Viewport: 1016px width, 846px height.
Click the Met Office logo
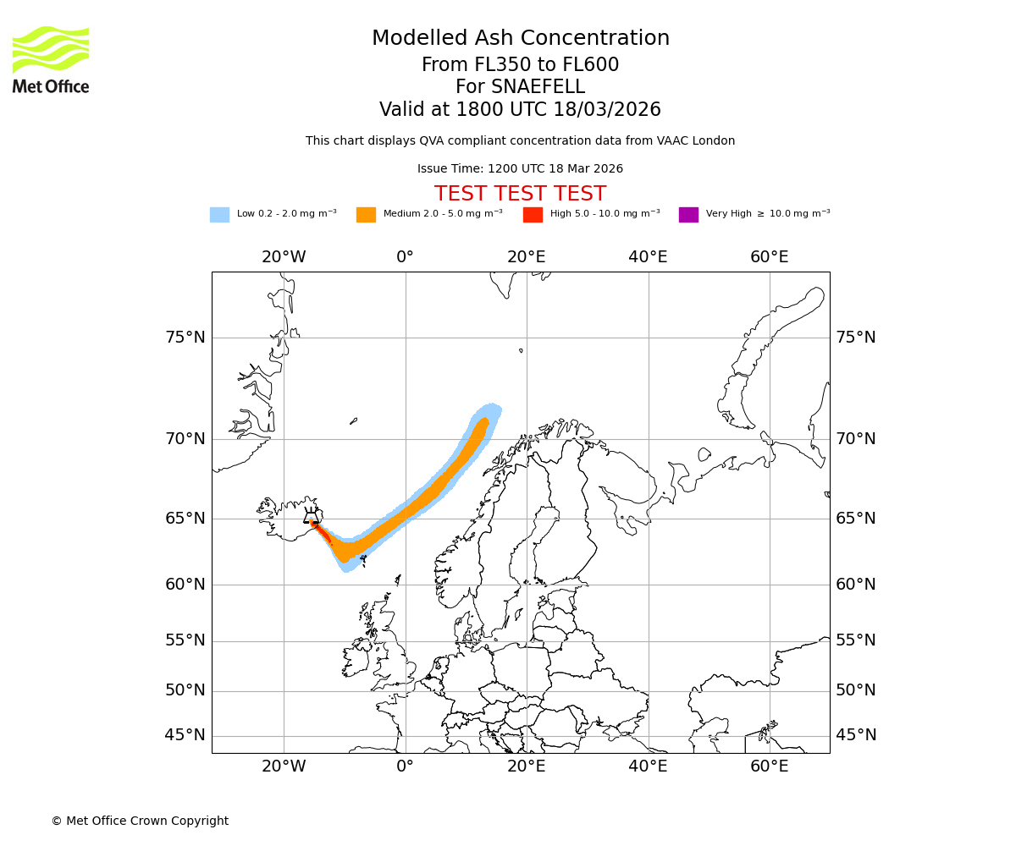click(51, 59)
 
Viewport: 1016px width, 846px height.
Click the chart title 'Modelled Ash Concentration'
click(520, 39)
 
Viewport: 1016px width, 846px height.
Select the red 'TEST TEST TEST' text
click(520, 194)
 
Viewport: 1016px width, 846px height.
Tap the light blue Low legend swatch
click(219, 214)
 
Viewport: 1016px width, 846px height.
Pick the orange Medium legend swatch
click(366, 214)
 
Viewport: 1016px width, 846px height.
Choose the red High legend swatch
click(533, 214)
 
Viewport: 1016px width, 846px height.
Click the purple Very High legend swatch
click(688, 214)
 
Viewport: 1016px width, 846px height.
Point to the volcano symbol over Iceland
click(312, 515)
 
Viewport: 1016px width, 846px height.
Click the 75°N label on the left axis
click(185, 338)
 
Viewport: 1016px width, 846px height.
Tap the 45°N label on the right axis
click(856, 735)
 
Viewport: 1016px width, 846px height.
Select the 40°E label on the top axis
click(648, 257)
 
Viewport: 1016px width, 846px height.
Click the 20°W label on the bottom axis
click(284, 766)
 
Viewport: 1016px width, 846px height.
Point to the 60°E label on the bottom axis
click(769, 766)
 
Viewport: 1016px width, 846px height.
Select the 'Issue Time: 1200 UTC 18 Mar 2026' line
click(520, 169)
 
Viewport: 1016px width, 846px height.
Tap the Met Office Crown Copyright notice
click(140, 821)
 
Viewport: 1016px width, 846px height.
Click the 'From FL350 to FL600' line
click(520, 65)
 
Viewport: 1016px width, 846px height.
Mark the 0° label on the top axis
click(405, 257)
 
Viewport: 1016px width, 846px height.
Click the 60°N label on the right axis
click(856, 585)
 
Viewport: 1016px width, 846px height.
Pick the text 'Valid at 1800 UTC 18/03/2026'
click(520, 110)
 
